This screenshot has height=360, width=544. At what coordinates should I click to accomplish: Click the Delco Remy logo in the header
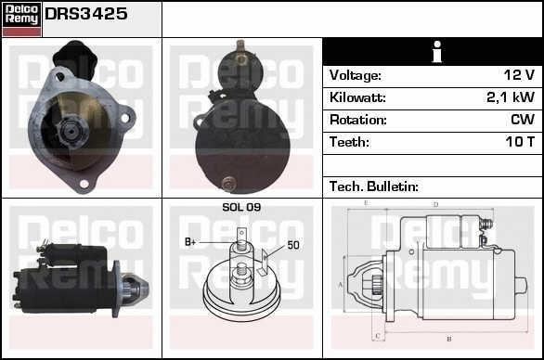click(21, 19)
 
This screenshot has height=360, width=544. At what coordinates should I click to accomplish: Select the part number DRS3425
click(86, 14)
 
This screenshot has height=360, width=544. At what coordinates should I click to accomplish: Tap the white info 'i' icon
click(437, 52)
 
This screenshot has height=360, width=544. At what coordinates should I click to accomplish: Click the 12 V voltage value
click(519, 75)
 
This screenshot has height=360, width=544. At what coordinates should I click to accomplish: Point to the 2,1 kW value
click(511, 97)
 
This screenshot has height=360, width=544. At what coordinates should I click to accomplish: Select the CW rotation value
click(523, 120)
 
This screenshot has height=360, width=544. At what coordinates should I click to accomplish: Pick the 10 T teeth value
click(520, 142)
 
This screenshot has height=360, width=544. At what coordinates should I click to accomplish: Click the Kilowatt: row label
click(357, 97)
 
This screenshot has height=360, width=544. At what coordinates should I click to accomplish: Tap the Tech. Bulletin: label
click(374, 186)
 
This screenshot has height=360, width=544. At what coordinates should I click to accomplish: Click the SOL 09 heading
click(241, 207)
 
